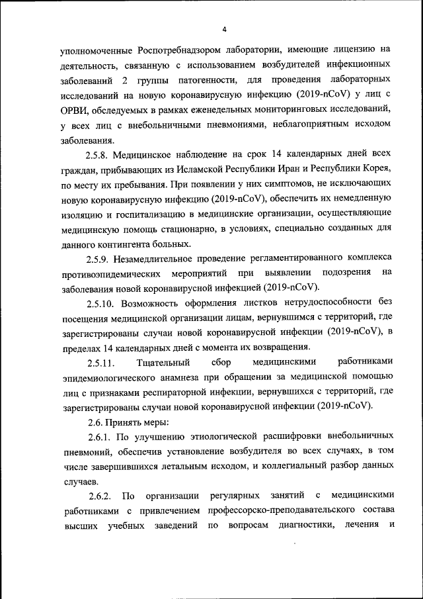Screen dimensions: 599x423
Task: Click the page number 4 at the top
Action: [x=224, y=29]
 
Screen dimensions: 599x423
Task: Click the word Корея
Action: [x=375, y=169]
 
